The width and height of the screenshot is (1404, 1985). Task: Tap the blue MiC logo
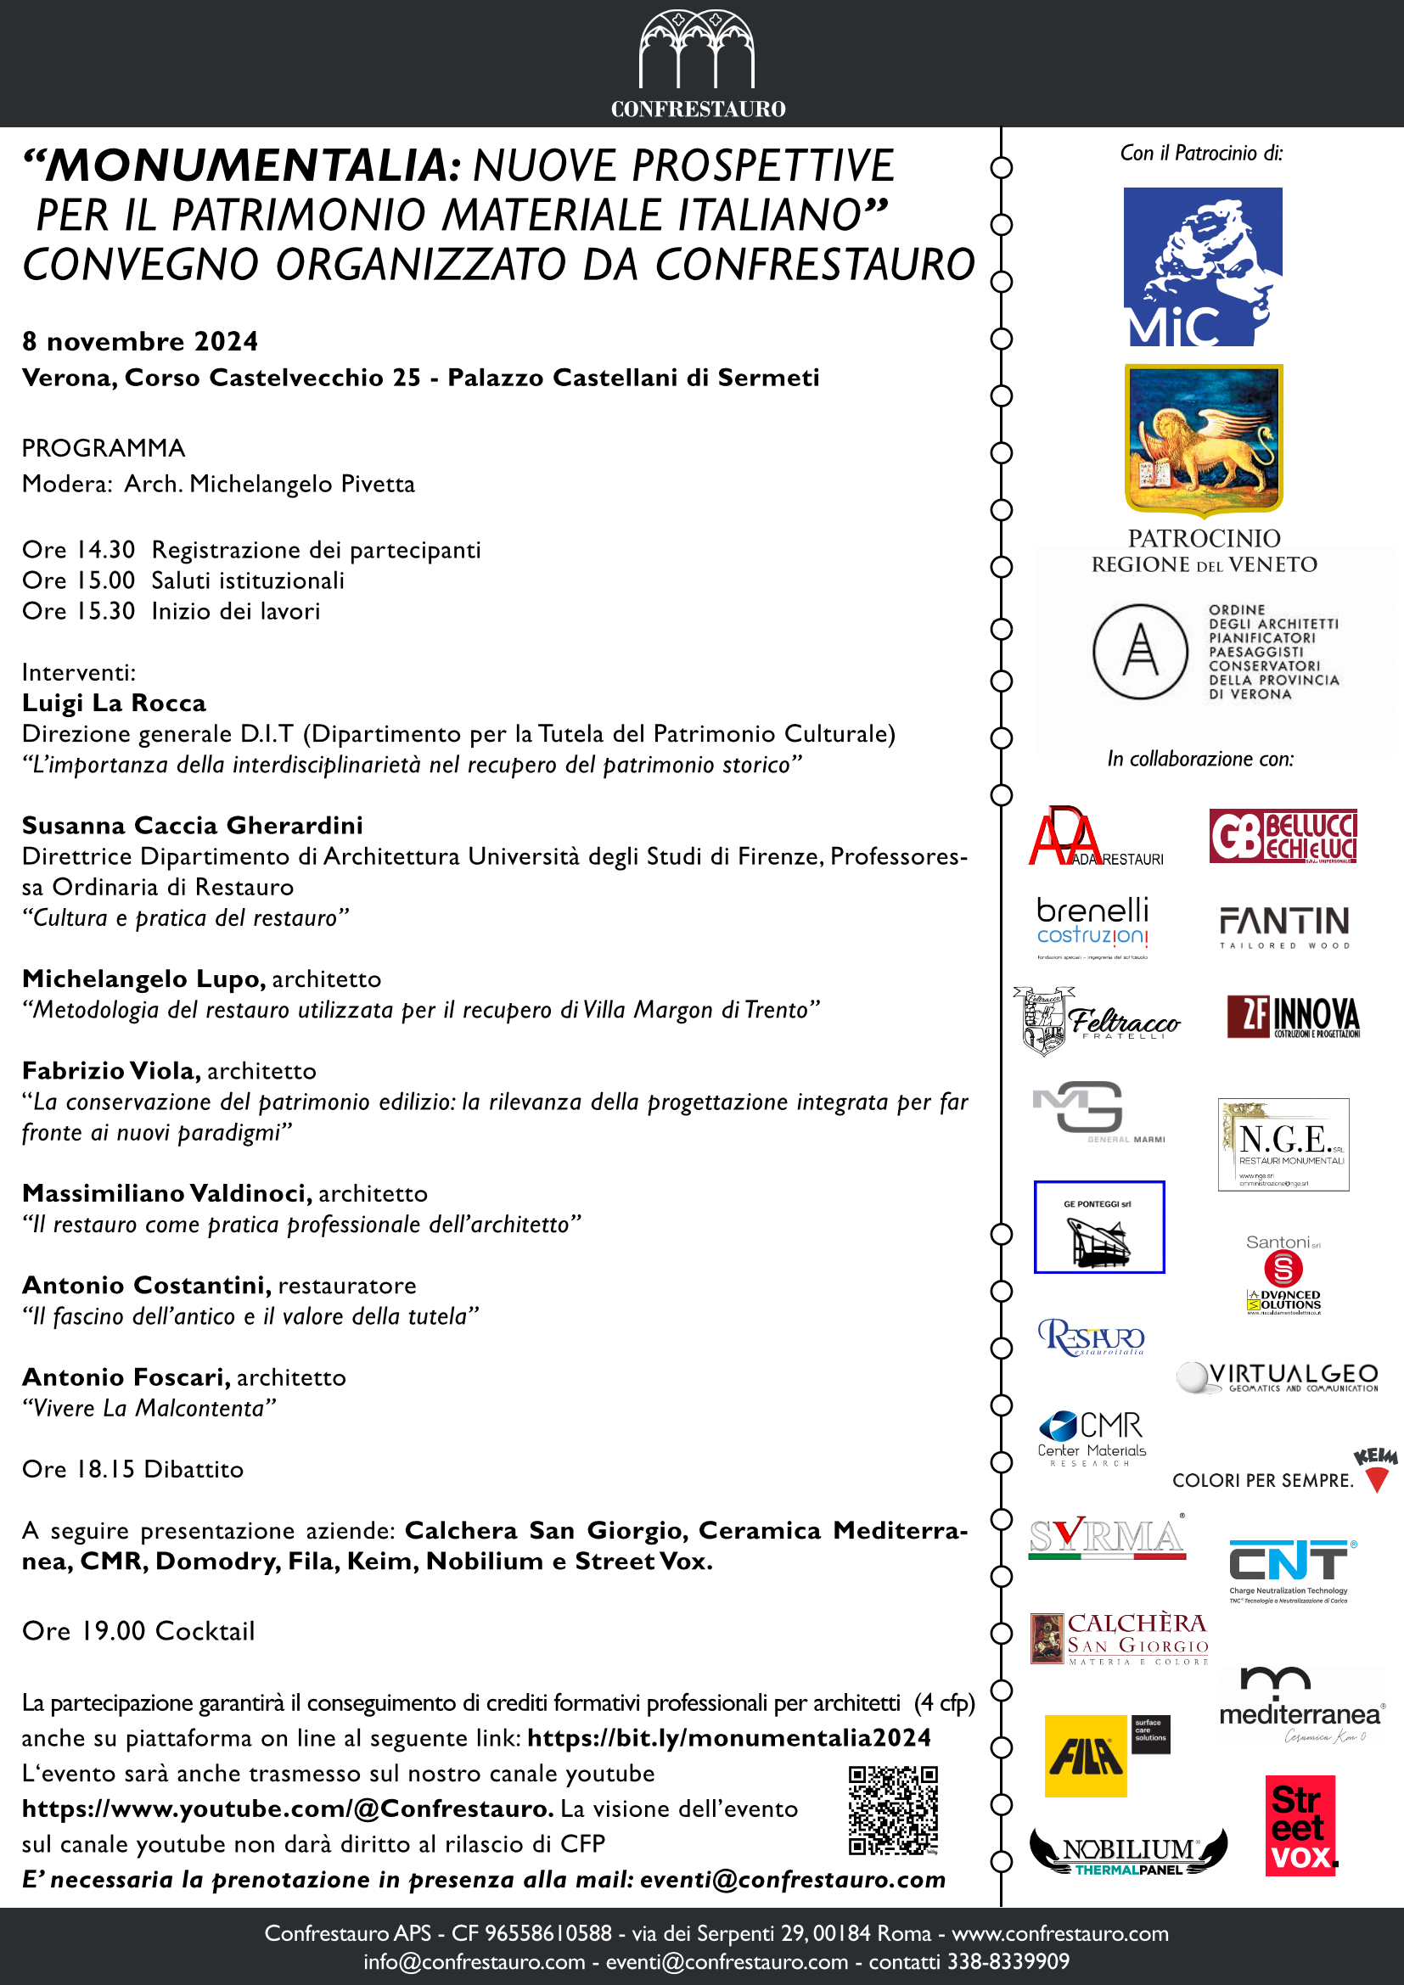coord(1203,266)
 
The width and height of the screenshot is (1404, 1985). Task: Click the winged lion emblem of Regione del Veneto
coord(1204,438)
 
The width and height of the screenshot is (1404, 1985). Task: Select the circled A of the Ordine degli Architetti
coord(1139,651)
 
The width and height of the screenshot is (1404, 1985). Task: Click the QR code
coord(892,1810)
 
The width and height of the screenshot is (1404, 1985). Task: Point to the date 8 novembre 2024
coord(140,341)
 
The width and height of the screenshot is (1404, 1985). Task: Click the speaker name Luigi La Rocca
coord(114,703)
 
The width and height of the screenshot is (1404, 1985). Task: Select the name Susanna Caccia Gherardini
coord(192,825)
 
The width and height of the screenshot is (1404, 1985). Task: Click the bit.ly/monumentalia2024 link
coord(729,1738)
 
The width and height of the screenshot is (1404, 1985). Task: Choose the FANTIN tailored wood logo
coord(1283,926)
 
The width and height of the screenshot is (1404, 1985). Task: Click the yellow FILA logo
coord(1086,1755)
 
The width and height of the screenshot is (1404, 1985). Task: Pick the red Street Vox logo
coord(1300,1826)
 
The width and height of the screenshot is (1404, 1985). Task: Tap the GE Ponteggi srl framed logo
coord(1098,1226)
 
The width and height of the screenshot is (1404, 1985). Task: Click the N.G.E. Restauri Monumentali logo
coord(1283,1144)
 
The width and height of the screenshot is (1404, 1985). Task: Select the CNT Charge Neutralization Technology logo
coord(1291,1570)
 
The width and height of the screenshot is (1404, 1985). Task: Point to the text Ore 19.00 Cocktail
coord(138,1630)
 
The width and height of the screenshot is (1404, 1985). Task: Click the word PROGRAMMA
coord(104,448)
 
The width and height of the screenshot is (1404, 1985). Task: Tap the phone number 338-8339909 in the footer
coord(1009,1960)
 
